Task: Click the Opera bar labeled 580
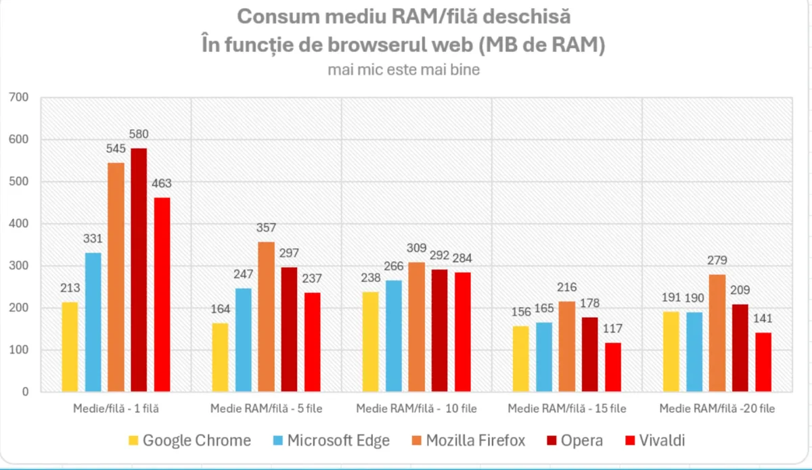139,270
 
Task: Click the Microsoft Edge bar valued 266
394,336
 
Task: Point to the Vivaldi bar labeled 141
763,362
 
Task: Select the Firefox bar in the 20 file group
717,333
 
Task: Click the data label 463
162,183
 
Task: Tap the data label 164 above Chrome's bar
220,309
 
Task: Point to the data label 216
567,287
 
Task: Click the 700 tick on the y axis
20,98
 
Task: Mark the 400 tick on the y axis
20,224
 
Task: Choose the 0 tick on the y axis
26,392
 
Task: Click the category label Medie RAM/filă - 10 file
416,408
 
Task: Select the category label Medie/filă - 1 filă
116,408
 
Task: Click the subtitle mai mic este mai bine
404,70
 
